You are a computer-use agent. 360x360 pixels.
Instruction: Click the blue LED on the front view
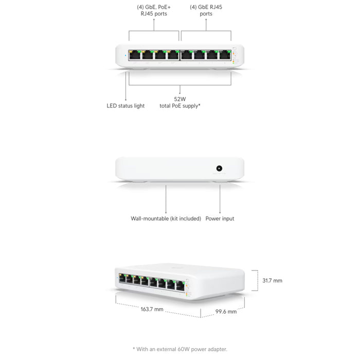125,55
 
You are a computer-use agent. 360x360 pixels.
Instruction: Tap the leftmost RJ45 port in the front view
136,56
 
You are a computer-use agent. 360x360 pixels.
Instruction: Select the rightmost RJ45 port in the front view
225,56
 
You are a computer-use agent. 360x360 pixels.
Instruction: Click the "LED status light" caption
125,105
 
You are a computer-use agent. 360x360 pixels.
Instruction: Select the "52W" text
180,98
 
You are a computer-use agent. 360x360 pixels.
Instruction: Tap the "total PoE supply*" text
180,105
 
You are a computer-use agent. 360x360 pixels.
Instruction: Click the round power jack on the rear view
220,168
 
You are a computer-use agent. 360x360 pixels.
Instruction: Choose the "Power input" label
220,219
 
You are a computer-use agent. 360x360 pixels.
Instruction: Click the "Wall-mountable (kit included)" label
166,219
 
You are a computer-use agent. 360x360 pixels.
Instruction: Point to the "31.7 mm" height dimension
272,281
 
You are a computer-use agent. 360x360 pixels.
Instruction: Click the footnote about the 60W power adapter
179,349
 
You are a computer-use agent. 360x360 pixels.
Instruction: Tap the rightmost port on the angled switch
180,285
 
